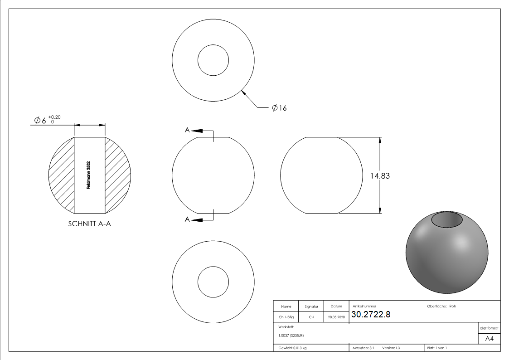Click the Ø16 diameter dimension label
279,108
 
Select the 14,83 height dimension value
380,176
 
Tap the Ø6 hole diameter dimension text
40,121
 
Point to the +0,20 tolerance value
54,117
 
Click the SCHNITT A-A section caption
89,224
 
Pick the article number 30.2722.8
370,314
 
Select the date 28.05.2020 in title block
336,317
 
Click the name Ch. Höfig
286,317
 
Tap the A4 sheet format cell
489,339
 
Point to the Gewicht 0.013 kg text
292,348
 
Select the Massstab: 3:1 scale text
363,348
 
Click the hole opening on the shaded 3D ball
446,220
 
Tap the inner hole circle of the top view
213,60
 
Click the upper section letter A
187,130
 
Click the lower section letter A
187,219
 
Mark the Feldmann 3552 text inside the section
89,175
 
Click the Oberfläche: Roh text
441,306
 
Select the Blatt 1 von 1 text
436,348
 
